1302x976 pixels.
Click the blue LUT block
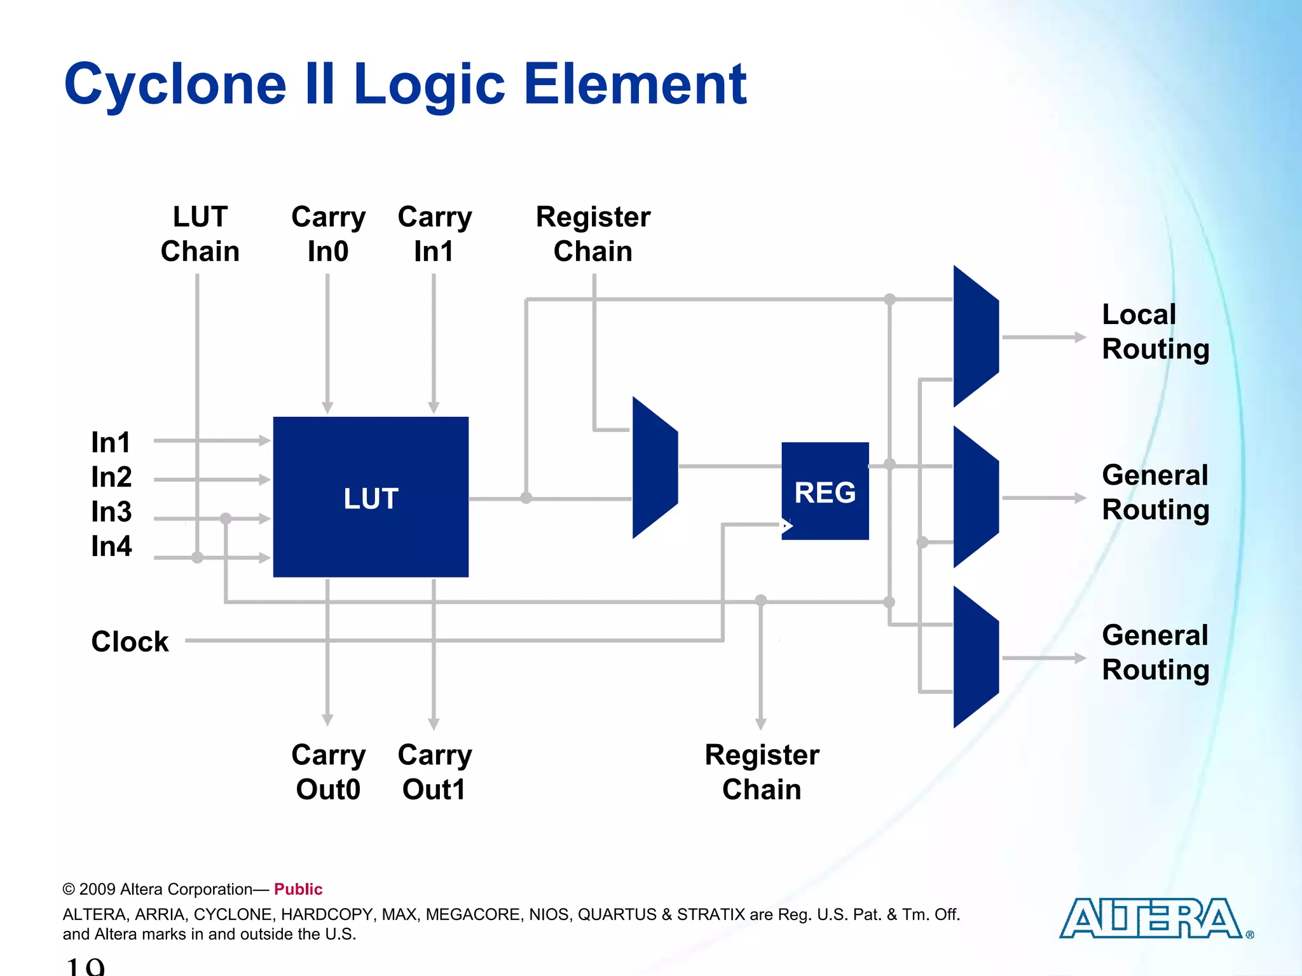[x=371, y=497]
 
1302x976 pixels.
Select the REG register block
[x=825, y=491]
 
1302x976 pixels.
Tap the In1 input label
[x=111, y=442]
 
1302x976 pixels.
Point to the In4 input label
[x=111, y=546]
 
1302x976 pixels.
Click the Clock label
[x=130, y=641]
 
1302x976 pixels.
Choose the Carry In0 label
[x=328, y=234]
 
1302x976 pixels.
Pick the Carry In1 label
[x=435, y=234]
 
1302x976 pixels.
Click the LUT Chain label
[x=200, y=234]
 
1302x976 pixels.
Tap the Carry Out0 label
[x=328, y=772]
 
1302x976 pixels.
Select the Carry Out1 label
[x=435, y=772]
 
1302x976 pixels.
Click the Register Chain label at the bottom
[x=762, y=772]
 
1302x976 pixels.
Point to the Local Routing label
[x=1155, y=332]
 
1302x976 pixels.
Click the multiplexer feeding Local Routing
[x=976, y=336]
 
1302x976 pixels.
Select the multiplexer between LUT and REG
[x=655, y=468]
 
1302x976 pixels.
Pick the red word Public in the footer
[x=298, y=889]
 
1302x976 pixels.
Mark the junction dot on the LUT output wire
[x=526, y=498]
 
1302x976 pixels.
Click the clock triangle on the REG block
[x=787, y=525]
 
